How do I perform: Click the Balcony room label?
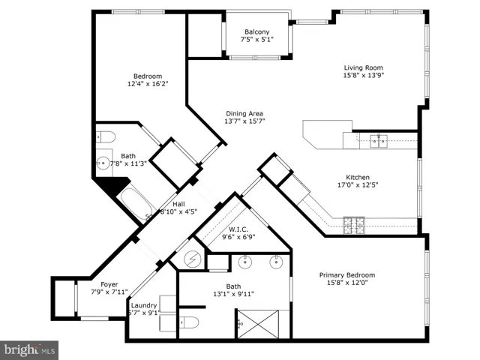coord(256,31)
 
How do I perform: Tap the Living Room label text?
coord(363,67)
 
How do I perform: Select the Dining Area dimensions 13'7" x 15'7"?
coord(244,121)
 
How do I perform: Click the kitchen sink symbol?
coord(379,141)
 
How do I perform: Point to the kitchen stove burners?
coord(354,225)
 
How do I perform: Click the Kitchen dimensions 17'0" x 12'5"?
coord(358,185)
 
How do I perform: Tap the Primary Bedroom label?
coord(347,275)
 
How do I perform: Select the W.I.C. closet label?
coord(238,229)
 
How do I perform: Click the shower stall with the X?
coord(258,324)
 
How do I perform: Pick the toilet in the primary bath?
coord(189,322)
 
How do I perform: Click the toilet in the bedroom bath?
coord(106,136)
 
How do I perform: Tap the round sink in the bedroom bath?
coord(103,163)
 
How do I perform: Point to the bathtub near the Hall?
coord(135,203)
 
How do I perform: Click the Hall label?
coord(178,204)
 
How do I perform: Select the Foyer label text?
coord(109,285)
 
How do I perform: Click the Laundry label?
coord(144,305)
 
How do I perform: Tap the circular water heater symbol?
coord(192,259)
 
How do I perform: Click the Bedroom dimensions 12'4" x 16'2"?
coord(148,83)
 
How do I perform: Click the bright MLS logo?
coord(29,350)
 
